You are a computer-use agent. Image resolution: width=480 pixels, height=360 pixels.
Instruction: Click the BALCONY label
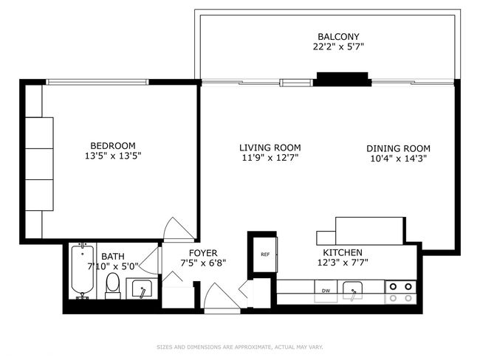pos(338,37)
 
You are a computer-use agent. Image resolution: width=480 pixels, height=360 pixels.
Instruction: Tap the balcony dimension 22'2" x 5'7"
pos(338,46)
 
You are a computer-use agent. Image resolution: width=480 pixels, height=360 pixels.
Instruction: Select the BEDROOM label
pos(113,145)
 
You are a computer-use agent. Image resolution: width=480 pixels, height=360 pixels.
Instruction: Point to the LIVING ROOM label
pos(270,148)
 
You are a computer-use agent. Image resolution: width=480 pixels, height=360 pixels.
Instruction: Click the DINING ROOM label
pos(398,149)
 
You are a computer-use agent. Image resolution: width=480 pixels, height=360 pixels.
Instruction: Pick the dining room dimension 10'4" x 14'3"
pos(398,159)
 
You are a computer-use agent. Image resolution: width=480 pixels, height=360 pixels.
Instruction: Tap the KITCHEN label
pos(343,252)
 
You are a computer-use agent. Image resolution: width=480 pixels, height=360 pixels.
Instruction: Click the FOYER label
pos(203,253)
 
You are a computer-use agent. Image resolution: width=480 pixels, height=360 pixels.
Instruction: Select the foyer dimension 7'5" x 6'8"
pos(203,263)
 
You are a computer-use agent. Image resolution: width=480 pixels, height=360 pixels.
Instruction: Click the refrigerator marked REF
pos(265,255)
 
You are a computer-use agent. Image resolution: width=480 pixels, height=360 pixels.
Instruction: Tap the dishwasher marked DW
pos(326,291)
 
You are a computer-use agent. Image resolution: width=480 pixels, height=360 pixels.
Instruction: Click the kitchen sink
pos(353,291)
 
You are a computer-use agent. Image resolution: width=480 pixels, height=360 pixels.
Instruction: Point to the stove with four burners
pos(401,292)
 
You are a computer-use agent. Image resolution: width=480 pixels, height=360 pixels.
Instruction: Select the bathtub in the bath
pos(83,271)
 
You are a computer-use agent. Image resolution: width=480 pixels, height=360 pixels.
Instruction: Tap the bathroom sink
pos(142,288)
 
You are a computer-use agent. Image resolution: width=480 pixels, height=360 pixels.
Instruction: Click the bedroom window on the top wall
pos(97,82)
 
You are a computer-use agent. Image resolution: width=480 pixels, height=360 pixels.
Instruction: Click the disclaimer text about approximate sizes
pos(240,347)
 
